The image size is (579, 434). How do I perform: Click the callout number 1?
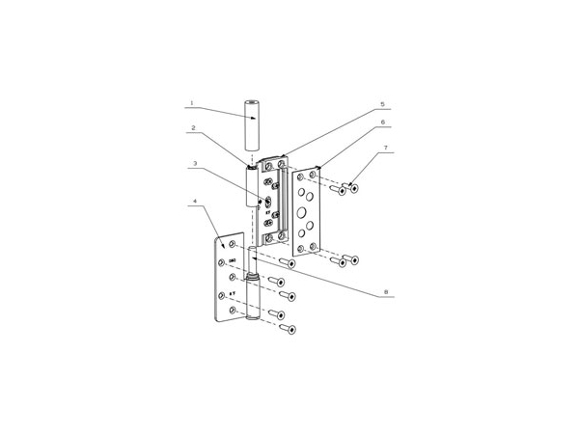(x=191, y=103)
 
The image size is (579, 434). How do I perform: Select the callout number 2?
(x=193, y=127)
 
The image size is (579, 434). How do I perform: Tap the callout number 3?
(x=194, y=163)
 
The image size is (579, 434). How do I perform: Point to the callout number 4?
(x=194, y=202)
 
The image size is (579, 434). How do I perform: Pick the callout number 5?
(x=382, y=103)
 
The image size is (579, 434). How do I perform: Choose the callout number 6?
(x=382, y=122)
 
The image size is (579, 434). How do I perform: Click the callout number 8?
(x=385, y=291)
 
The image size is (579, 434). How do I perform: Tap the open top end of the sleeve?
(x=253, y=101)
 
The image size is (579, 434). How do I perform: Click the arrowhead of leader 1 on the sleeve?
(x=245, y=119)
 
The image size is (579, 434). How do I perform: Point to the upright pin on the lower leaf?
(x=253, y=260)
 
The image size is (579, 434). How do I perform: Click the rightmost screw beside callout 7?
(x=353, y=188)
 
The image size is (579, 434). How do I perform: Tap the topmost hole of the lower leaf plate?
(x=233, y=245)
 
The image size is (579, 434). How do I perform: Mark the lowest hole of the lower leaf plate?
(x=233, y=311)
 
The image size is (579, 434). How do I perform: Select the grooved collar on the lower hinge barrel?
(x=253, y=279)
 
